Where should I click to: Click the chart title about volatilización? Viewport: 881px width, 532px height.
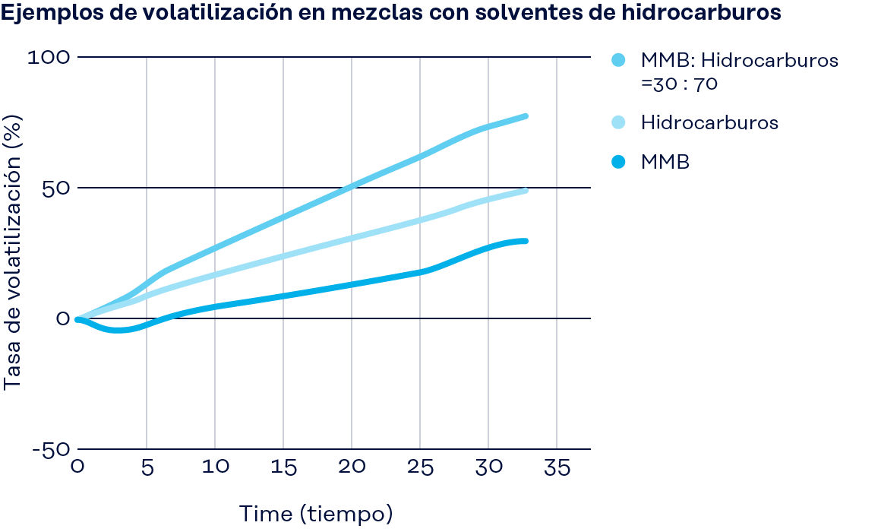coord(391,14)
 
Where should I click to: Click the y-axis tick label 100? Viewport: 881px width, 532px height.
coord(49,57)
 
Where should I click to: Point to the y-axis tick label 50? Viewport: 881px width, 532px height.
coord(54,188)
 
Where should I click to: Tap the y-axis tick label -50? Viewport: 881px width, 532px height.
coord(51,449)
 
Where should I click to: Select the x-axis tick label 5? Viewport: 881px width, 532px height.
coord(147,467)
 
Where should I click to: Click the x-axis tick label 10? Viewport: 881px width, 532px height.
coord(215,467)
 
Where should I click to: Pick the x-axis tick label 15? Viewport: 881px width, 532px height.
coord(283,467)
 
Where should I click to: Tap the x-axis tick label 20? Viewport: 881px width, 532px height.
coord(352,467)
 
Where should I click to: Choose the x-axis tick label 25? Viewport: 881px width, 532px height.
coord(420,467)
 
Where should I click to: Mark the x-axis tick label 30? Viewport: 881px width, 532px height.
coord(488,467)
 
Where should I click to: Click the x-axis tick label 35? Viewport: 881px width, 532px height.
coord(557,467)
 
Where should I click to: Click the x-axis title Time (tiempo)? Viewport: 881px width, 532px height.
coord(317,514)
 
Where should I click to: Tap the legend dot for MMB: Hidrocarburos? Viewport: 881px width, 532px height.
coord(617,60)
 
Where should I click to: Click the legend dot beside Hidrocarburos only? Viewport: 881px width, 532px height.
coord(617,122)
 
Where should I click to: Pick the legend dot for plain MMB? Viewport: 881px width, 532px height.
coord(617,162)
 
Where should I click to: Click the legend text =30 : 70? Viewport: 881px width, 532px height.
coord(679,84)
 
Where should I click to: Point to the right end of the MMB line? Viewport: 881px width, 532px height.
coord(525,241)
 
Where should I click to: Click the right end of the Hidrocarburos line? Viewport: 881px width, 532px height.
coord(525,191)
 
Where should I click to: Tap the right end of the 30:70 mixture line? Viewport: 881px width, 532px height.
coord(525,116)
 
